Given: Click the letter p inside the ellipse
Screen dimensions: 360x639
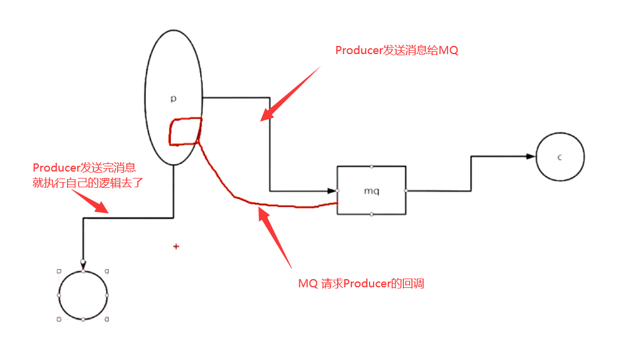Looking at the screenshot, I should [x=173, y=99].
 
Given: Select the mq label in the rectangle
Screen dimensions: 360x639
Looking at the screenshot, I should [x=372, y=190].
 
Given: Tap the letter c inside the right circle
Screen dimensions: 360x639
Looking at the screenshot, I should [x=559, y=157].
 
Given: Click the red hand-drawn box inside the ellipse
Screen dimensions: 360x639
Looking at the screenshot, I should [x=185, y=131].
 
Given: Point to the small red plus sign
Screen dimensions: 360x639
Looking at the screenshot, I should [x=176, y=247].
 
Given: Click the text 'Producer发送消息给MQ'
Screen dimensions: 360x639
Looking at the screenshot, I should [x=397, y=51].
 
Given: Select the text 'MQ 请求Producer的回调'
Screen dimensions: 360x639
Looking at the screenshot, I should [x=361, y=284].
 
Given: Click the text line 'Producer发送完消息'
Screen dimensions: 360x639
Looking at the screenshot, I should [x=84, y=168].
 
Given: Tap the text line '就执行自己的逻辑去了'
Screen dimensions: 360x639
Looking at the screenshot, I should [x=88, y=182].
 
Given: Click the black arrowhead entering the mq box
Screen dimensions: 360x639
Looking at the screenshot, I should [x=333, y=190].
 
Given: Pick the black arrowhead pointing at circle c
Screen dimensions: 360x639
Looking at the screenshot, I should [x=530, y=156].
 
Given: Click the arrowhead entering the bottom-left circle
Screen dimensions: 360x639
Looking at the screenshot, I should [x=83, y=265].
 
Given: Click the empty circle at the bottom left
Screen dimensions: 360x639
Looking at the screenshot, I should [x=83, y=295].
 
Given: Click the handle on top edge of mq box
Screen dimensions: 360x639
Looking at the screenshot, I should [x=372, y=166].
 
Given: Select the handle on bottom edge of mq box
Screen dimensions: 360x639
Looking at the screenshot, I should [x=372, y=215].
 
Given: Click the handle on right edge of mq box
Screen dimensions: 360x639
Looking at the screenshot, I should [x=406, y=190].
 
